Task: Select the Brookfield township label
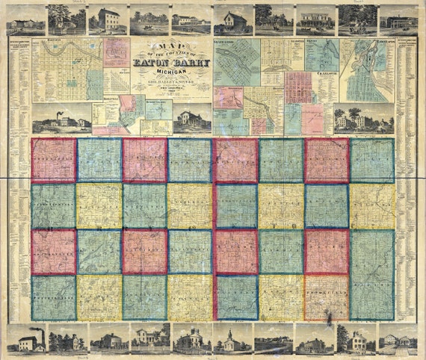click(327, 297)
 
